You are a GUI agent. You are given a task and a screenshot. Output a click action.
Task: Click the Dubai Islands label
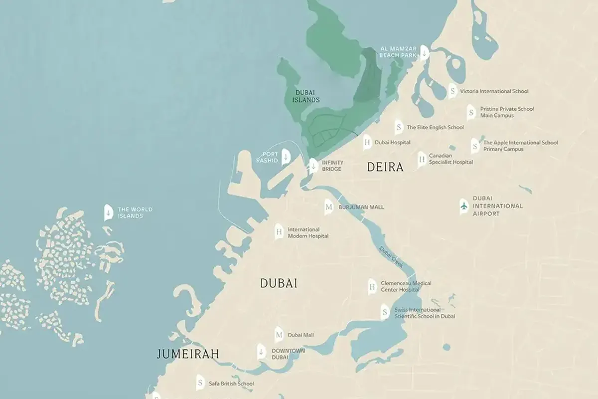[x=306, y=96]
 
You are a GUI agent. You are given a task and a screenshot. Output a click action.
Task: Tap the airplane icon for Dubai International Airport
[x=464, y=205]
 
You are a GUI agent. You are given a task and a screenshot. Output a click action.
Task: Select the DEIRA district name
[x=385, y=167]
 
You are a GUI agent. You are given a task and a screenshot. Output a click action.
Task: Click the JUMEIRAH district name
[x=188, y=354]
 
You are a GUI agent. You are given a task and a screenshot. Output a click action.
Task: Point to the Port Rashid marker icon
[x=286, y=157]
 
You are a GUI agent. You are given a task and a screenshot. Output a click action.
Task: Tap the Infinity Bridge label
[x=332, y=166]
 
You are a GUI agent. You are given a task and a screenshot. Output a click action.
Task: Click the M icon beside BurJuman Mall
[x=328, y=207]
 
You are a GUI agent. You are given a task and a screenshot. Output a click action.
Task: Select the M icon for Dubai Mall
[x=279, y=335]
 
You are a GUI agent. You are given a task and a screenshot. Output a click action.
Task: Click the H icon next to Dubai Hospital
[x=367, y=142]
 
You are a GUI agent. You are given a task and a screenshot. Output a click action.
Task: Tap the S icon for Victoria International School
[x=452, y=91]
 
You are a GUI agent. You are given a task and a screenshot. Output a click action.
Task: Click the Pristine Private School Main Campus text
[x=506, y=112]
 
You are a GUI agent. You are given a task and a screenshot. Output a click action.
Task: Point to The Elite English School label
[x=435, y=127]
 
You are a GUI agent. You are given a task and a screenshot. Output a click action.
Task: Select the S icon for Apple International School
[x=475, y=146]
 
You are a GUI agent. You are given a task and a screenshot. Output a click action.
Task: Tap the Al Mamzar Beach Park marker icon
[x=424, y=52]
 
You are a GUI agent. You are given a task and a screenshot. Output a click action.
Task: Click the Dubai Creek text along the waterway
[x=391, y=256]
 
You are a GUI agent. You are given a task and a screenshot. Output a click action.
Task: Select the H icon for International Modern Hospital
[x=279, y=232]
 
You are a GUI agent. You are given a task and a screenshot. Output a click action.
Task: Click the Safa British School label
[x=231, y=384]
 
